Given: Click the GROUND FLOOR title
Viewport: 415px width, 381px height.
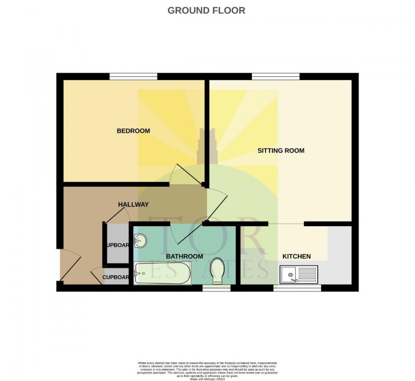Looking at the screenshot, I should click(x=206, y=11).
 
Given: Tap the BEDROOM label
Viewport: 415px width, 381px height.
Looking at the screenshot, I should click(x=133, y=131).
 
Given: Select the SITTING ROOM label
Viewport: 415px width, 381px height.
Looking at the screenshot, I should click(x=281, y=150).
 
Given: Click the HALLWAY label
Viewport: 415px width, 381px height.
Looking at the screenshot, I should click(x=133, y=204).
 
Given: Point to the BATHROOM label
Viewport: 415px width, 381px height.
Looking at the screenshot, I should click(x=184, y=257).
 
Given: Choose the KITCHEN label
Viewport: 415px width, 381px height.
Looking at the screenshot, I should click(x=296, y=257).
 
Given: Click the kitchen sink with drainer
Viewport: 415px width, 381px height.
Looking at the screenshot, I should click(x=299, y=275).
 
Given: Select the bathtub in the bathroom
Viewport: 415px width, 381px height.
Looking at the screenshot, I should click(x=163, y=273).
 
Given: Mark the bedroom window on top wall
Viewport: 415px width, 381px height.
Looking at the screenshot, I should click(x=133, y=76).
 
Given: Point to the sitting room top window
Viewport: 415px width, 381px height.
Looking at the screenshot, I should click(x=276, y=76).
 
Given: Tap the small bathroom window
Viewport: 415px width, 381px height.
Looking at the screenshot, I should click(x=216, y=288).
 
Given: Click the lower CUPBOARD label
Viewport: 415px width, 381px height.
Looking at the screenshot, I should click(x=116, y=277).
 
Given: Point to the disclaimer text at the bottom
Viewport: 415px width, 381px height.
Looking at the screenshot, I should click(x=207, y=369).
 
